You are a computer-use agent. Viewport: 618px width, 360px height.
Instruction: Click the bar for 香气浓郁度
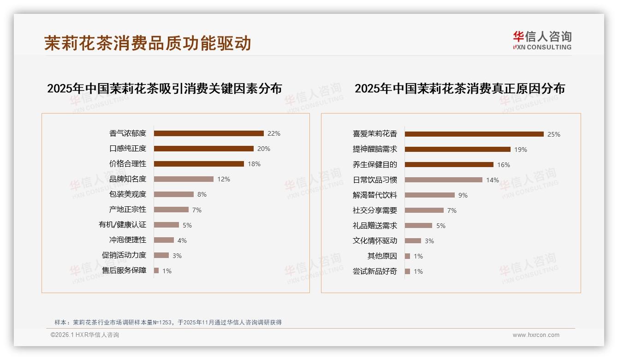coord(208,133)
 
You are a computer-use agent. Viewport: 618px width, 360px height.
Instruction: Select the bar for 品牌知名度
coord(184,179)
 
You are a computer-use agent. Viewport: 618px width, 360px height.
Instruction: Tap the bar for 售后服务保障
coord(156,270)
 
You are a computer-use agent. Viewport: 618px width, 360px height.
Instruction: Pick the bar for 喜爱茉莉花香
coord(474,134)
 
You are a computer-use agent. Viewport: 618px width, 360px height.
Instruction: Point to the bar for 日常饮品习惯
coord(444,180)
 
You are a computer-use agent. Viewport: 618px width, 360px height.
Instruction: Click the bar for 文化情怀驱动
coord(413,240)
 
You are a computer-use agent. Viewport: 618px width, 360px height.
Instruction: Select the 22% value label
coord(274,133)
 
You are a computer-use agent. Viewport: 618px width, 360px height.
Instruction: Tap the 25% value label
coord(554,134)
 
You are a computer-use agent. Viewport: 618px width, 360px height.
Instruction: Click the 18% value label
coord(254,164)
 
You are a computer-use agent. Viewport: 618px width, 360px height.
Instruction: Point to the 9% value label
coord(463,195)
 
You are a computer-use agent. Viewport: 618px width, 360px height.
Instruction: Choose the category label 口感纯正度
coord(128,149)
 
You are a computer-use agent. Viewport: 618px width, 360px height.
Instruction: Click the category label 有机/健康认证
coord(122,225)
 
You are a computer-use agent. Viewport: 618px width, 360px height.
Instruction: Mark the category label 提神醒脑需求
coord(374,150)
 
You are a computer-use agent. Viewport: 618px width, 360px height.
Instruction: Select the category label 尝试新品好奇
coord(374,271)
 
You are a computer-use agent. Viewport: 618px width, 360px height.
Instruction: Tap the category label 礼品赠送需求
coord(374,226)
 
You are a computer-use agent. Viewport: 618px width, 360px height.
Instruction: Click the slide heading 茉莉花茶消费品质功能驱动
coord(148,43)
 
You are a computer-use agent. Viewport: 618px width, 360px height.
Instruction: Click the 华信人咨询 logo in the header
coord(542,41)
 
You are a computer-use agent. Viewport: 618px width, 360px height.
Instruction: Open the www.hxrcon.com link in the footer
coord(536,335)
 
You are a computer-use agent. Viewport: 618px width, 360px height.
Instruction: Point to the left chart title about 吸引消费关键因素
coord(164,88)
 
